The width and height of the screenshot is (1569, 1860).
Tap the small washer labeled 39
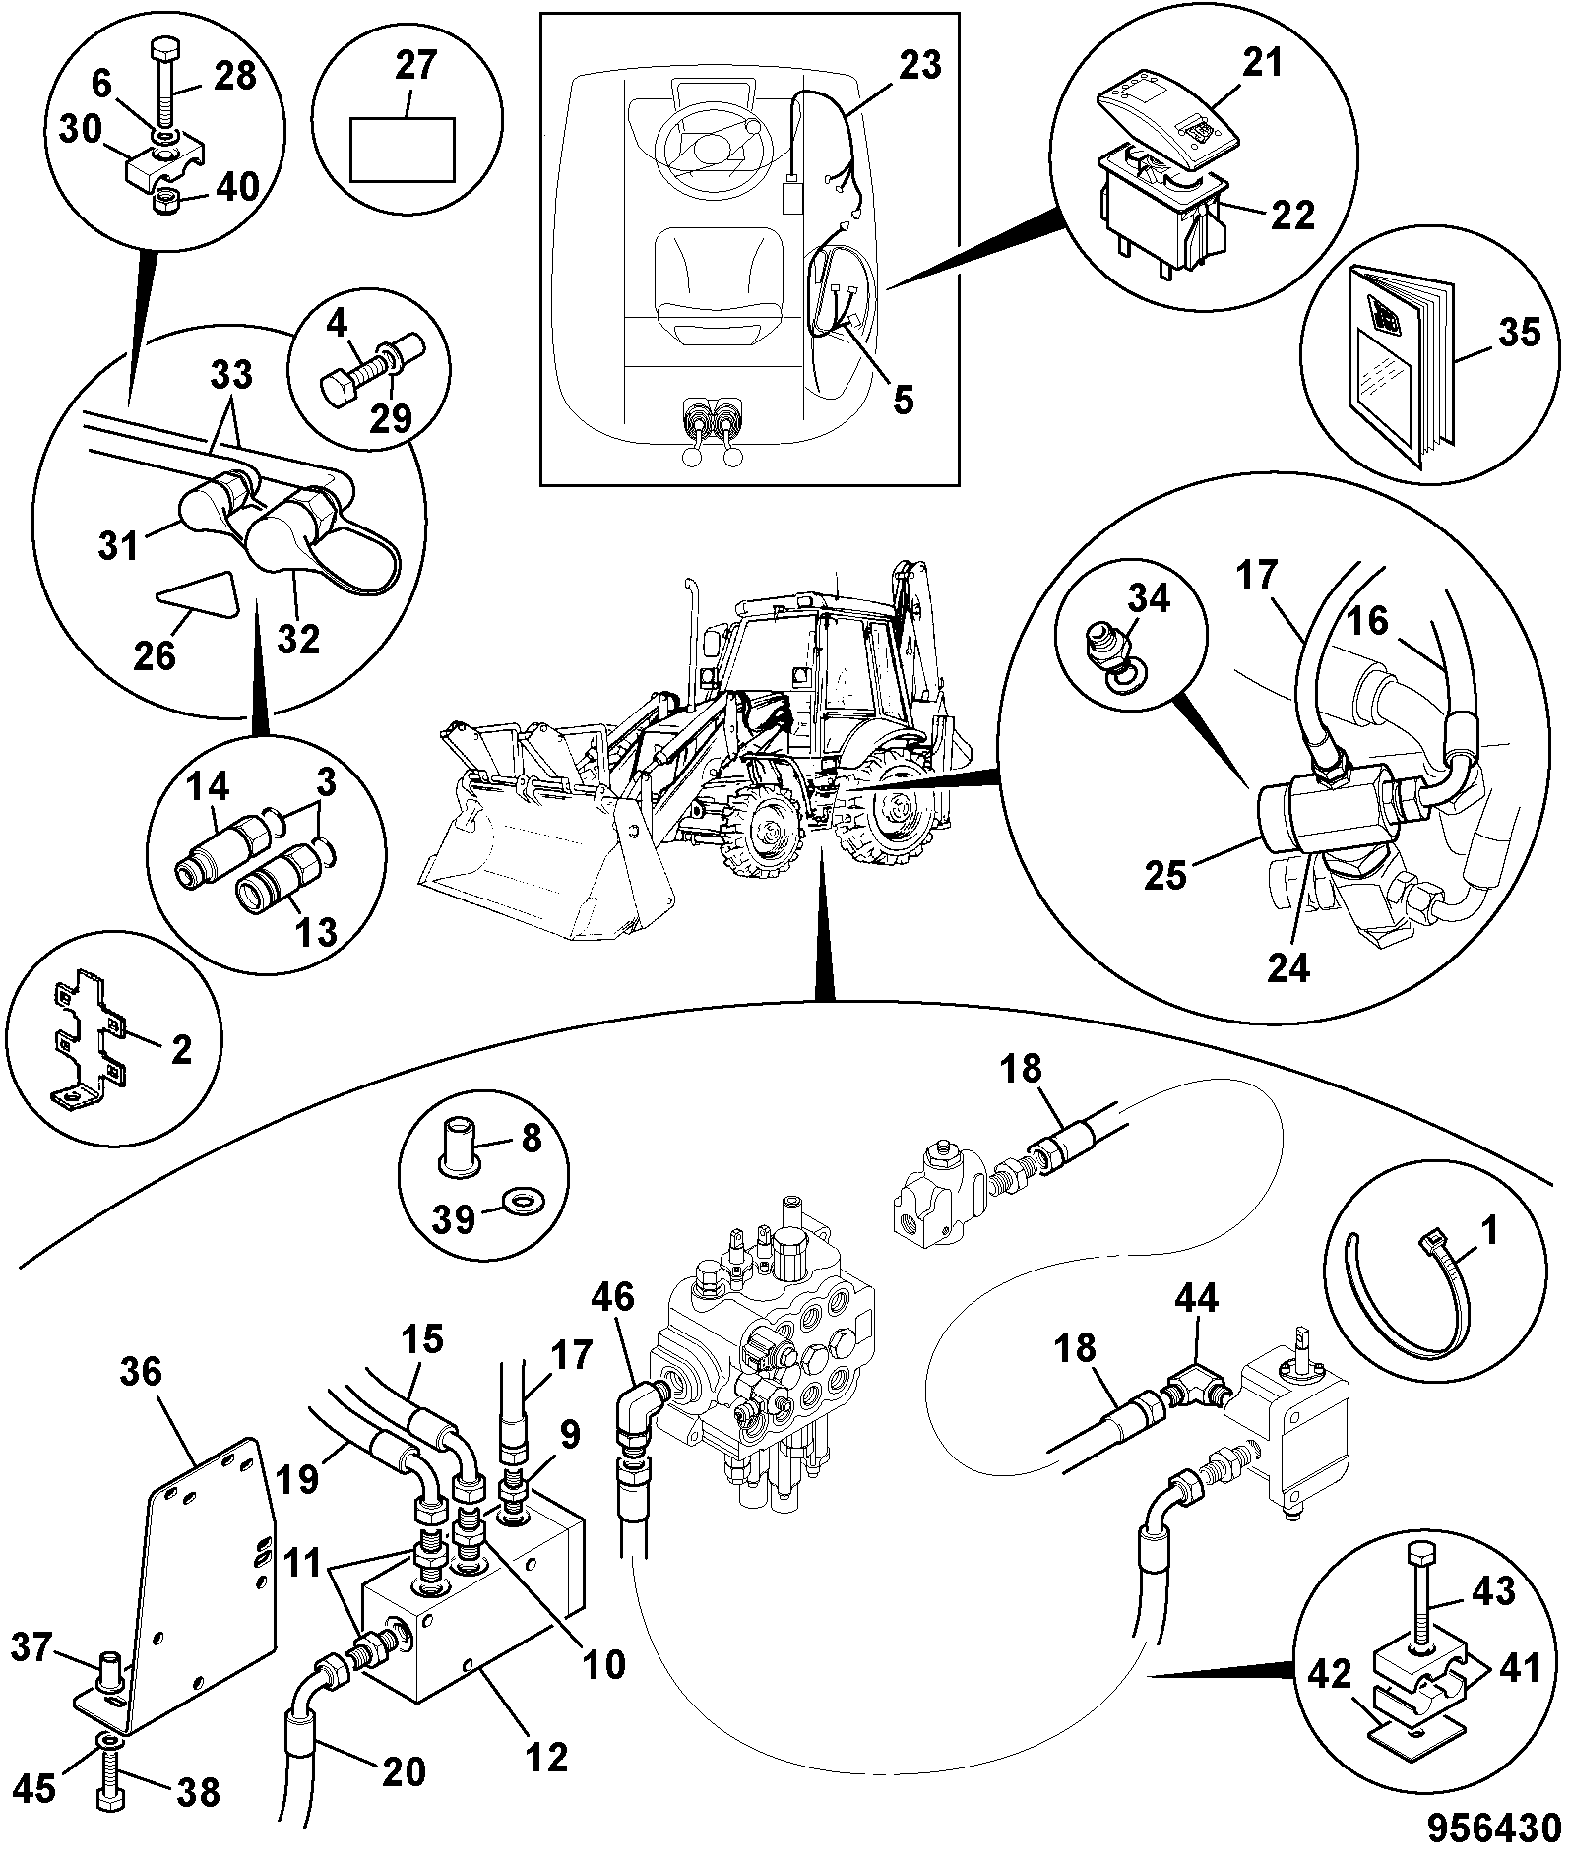pos(515,1202)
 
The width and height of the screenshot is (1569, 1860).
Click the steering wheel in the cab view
pos(715,151)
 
